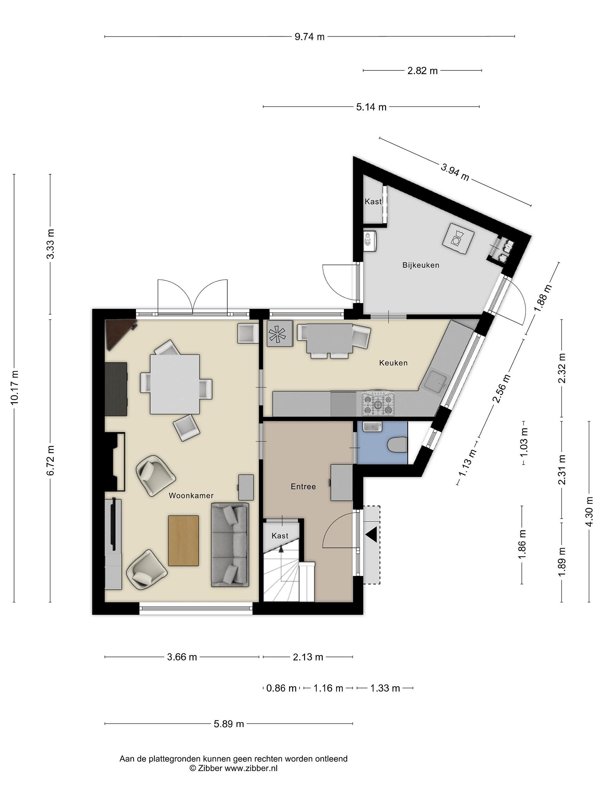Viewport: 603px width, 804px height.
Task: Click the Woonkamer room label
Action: (x=191, y=496)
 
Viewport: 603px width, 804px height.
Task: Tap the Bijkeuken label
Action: (x=420, y=265)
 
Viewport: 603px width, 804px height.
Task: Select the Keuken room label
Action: (x=393, y=363)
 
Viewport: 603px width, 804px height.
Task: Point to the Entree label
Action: (x=303, y=486)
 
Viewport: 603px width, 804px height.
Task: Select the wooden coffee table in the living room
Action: (x=184, y=540)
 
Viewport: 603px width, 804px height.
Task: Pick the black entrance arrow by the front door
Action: (x=372, y=535)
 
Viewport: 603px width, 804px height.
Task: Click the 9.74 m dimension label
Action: (x=309, y=37)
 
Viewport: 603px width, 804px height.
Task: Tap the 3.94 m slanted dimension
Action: (x=455, y=172)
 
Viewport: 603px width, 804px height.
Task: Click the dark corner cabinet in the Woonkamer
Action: (x=118, y=333)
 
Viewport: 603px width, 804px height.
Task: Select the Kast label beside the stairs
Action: (x=280, y=535)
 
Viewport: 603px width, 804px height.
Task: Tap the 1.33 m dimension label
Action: (x=385, y=688)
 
